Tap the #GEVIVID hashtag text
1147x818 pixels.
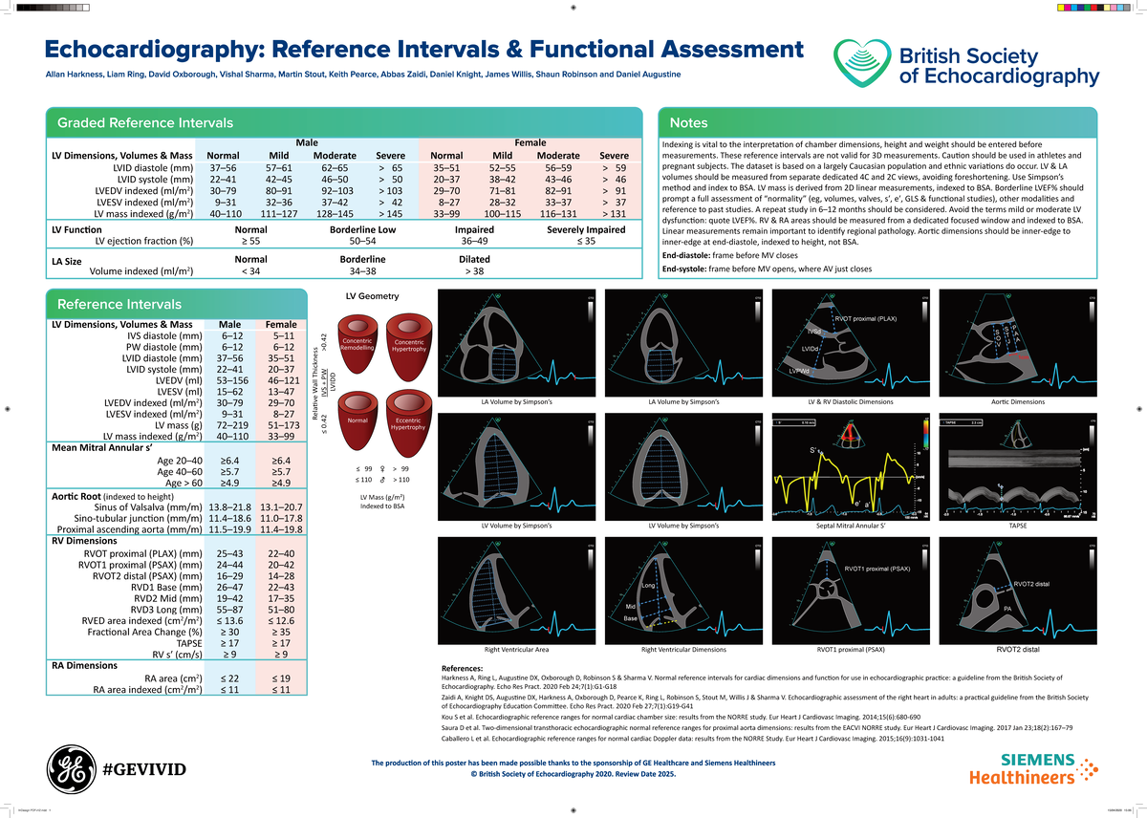pos(143,769)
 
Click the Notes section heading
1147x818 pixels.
pos(689,122)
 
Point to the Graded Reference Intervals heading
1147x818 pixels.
pos(145,122)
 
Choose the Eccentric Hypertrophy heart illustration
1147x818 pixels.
pos(409,420)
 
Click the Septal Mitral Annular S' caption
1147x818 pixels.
pos(852,526)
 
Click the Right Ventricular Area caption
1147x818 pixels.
pos(515,650)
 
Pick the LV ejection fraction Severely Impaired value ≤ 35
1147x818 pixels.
pos(593,242)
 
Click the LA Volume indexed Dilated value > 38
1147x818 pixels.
pos(475,271)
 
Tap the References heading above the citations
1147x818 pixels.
pos(462,667)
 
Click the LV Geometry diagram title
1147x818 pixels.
pos(372,296)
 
